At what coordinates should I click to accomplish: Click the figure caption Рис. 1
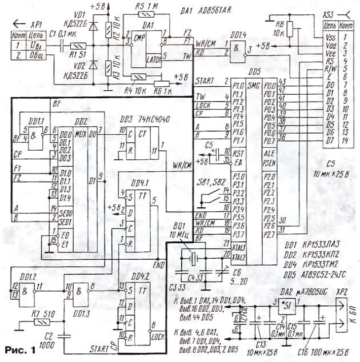19,349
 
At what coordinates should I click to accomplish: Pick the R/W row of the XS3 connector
330,68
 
